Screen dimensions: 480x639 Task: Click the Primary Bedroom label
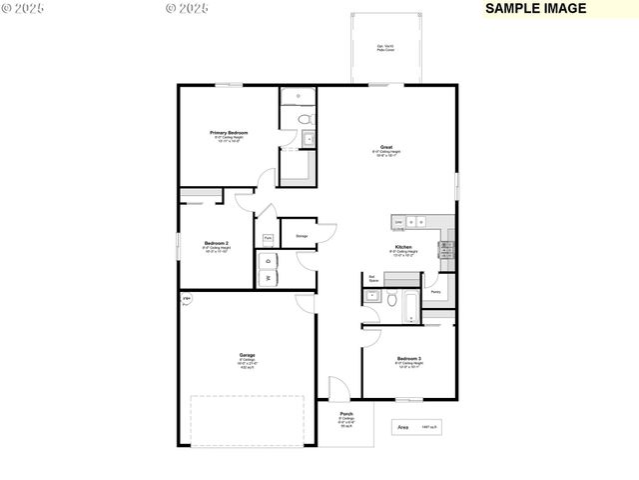(229, 133)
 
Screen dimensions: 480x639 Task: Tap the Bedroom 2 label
(217, 244)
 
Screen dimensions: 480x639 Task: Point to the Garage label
(247, 355)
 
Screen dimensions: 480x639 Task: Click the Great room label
(385, 147)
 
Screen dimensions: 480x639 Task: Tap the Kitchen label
(402, 246)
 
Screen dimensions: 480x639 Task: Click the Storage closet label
(302, 236)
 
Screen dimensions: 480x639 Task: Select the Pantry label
(436, 292)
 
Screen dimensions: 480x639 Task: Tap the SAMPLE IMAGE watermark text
(535, 8)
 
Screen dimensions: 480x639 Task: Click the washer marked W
(268, 278)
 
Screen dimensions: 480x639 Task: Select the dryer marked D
(268, 260)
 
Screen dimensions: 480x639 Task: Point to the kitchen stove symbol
(446, 250)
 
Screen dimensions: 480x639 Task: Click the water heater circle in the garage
(186, 299)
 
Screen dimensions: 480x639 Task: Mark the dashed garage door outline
(247, 420)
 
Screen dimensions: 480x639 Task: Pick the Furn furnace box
(268, 238)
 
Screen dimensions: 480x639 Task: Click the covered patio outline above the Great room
(385, 48)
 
